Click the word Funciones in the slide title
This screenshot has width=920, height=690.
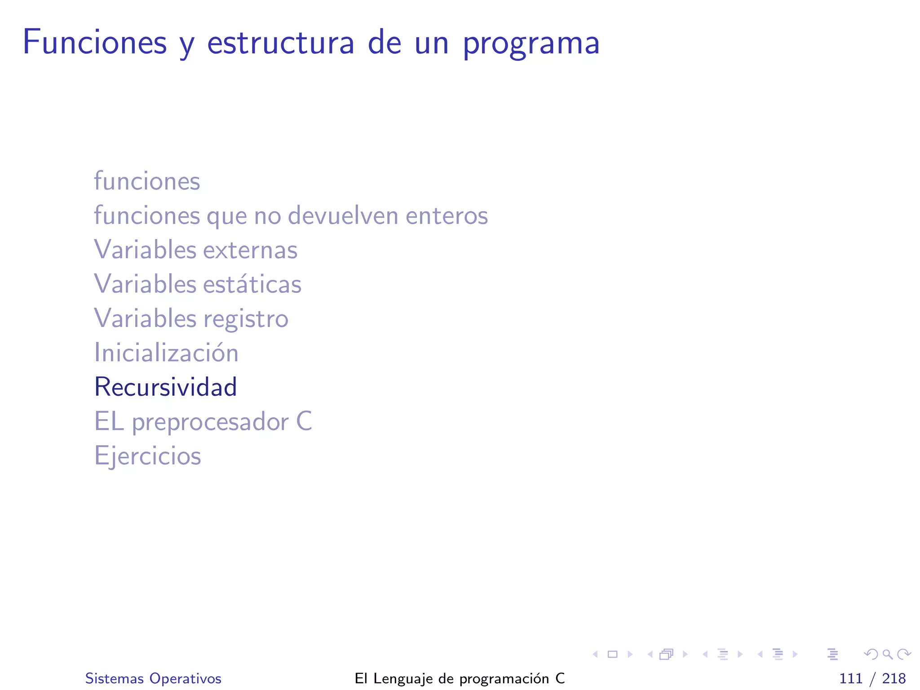pyautogui.click(x=95, y=43)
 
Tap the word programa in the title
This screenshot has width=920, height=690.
pyautogui.click(x=531, y=44)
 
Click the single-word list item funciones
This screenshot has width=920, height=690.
pyautogui.click(x=147, y=181)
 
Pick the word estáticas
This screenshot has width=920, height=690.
pyautogui.click(x=252, y=284)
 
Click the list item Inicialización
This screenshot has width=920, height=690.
pyautogui.click(x=166, y=353)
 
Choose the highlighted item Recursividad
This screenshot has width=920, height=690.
pyautogui.click(x=165, y=387)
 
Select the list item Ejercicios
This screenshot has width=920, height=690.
pyautogui.click(x=147, y=456)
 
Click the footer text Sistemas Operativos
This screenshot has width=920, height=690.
pyautogui.click(x=153, y=678)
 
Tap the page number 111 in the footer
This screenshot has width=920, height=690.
pyautogui.click(x=850, y=678)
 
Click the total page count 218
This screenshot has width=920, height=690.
pyautogui.click(x=893, y=678)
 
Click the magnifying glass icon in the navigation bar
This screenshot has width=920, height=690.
pyautogui.click(x=887, y=654)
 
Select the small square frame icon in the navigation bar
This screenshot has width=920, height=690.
pyautogui.click(x=612, y=654)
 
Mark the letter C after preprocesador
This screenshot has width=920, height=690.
pyautogui.click(x=304, y=421)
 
